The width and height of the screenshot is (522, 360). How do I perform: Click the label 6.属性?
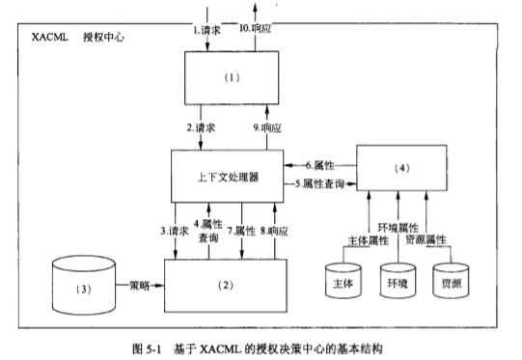click(x=320, y=165)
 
